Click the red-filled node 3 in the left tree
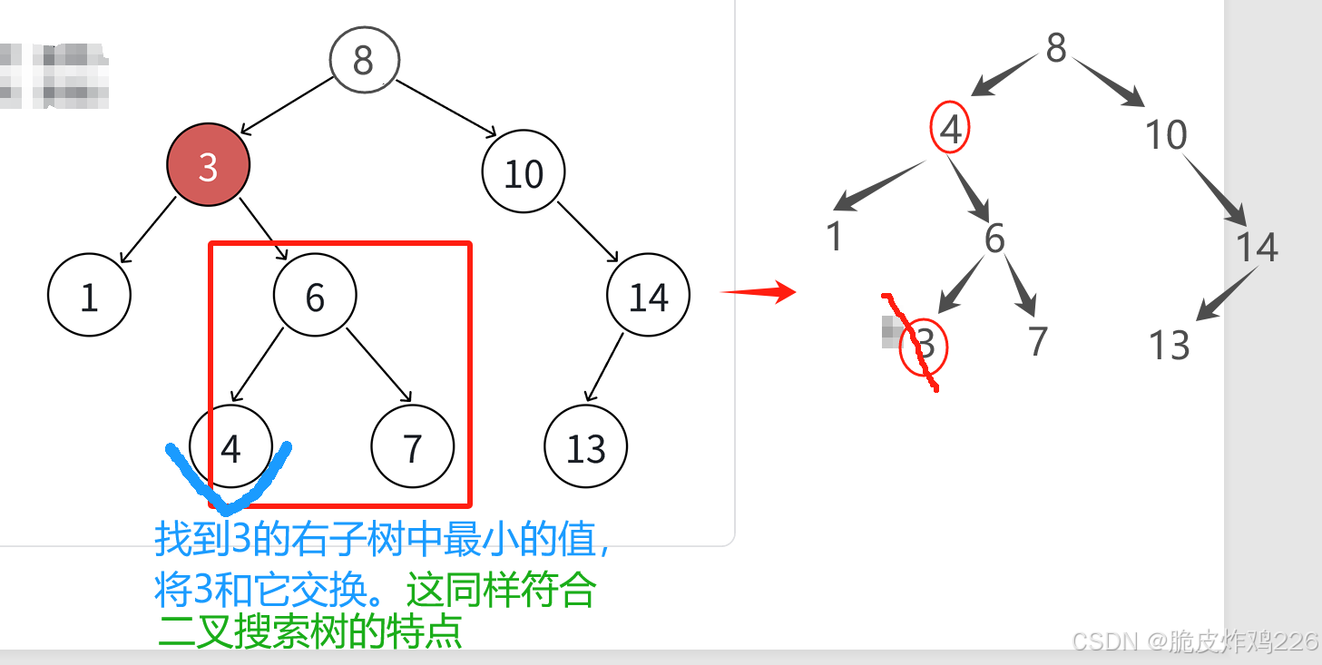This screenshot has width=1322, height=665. pyautogui.click(x=208, y=165)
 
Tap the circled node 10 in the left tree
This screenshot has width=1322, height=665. pyautogui.click(x=524, y=172)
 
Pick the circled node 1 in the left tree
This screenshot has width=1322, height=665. pyautogui.click(x=89, y=296)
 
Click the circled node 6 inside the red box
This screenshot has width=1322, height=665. pyautogui.click(x=315, y=296)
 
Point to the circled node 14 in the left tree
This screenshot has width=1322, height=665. pyautogui.click(x=648, y=296)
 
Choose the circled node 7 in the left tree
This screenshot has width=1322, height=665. pyautogui.click(x=413, y=447)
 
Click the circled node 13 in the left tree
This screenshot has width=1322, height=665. pyautogui.click(x=586, y=447)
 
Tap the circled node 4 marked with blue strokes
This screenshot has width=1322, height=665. pyautogui.click(x=230, y=447)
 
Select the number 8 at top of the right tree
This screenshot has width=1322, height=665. pyautogui.click(x=1055, y=47)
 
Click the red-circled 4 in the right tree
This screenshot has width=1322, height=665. pyautogui.click(x=950, y=131)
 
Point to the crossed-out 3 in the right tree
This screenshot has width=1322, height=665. pyautogui.click(x=924, y=346)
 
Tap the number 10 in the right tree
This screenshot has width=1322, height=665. pyautogui.click(x=1166, y=135)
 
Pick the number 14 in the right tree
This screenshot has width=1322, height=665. pyautogui.click(x=1257, y=247)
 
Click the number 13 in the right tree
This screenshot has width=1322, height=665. pyautogui.click(x=1169, y=346)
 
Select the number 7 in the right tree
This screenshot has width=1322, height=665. pyautogui.click(x=1038, y=341)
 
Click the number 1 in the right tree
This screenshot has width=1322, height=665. pyautogui.click(x=835, y=237)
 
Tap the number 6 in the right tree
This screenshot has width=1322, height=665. pyautogui.click(x=994, y=239)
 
